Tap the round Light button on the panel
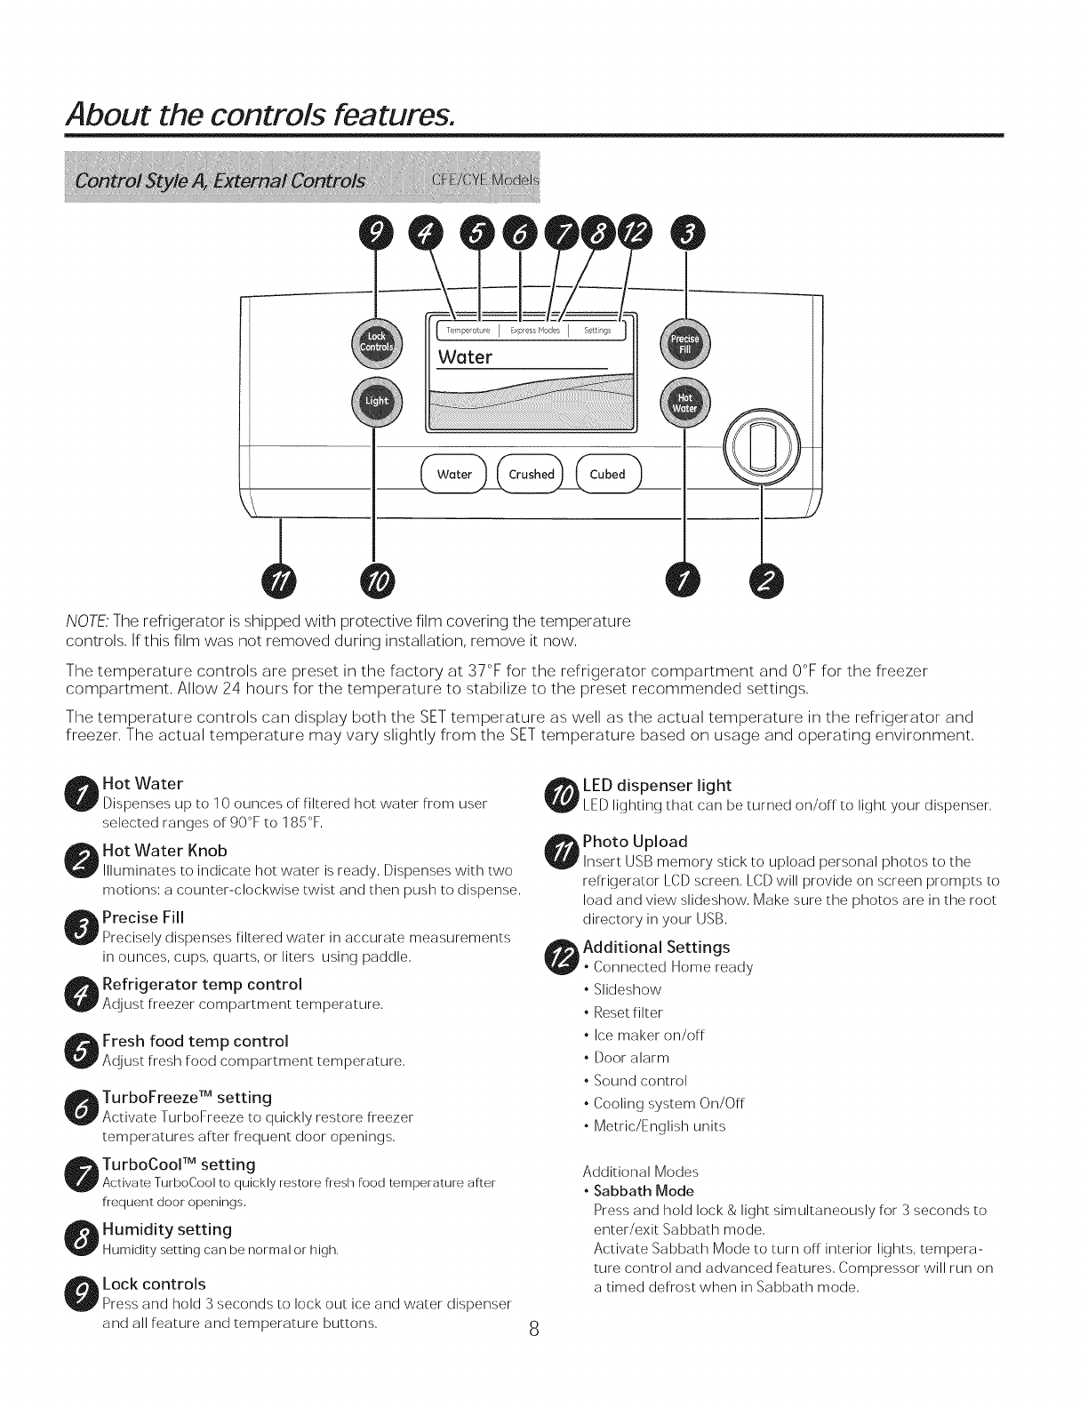[377, 401]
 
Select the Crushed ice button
[531, 475]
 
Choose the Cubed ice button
[608, 475]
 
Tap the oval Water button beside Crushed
[454, 475]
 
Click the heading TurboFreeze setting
[188, 1098]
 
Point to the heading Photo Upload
[635, 841]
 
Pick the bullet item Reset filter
[628, 1012]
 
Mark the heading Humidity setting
[167, 1229]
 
